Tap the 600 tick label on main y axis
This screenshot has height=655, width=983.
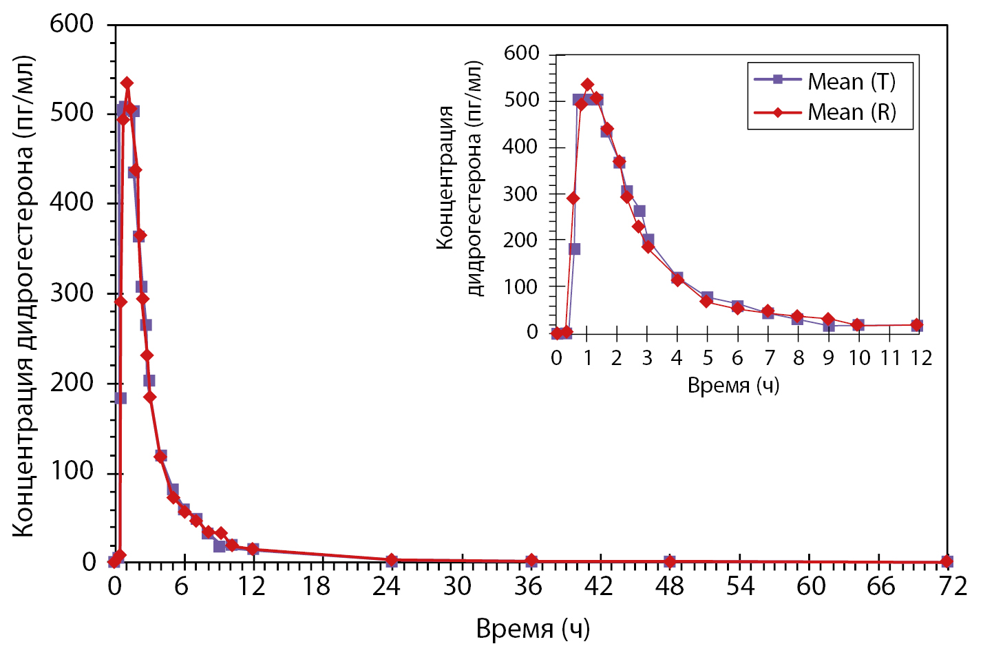(x=72, y=24)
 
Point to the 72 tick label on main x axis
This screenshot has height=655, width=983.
(x=952, y=586)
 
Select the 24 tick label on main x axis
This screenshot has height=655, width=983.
(x=387, y=586)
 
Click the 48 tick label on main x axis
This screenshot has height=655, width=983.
(x=669, y=586)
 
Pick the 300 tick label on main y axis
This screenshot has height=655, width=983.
(x=72, y=293)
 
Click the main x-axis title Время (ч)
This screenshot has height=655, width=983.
(x=533, y=628)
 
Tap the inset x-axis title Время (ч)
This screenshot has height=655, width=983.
(x=733, y=385)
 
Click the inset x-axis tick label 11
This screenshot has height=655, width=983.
(x=890, y=358)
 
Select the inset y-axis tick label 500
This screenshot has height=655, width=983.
(x=521, y=101)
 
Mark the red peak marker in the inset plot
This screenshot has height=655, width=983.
(x=587, y=85)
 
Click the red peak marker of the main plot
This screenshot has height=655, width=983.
(x=127, y=83)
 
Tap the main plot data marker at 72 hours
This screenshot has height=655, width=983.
(x=947, y=562)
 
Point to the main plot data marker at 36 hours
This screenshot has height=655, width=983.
(x=531, y=561)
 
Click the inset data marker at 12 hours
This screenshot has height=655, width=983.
(x=917, y=325)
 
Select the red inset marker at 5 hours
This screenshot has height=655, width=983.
(x=707, y=301)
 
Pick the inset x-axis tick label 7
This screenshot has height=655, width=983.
(x=769, y=358)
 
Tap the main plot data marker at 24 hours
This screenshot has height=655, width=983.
(x=392, y=560)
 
